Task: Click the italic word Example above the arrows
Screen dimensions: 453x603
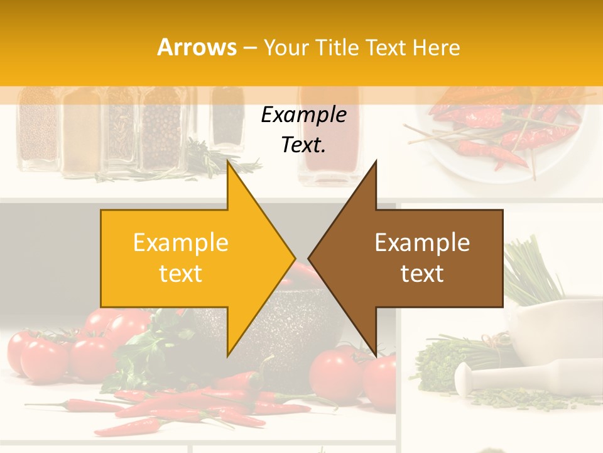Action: (303, 115)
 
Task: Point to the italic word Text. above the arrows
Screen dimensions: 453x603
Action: (303, 145)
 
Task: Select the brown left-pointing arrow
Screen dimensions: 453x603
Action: (415, 258)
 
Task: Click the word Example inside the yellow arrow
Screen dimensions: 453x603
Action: (181, 243)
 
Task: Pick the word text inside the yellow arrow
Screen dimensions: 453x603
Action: (181, 274)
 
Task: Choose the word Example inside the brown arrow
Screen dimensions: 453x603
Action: (422, 243)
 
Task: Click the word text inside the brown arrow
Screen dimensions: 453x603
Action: (422, 274)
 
